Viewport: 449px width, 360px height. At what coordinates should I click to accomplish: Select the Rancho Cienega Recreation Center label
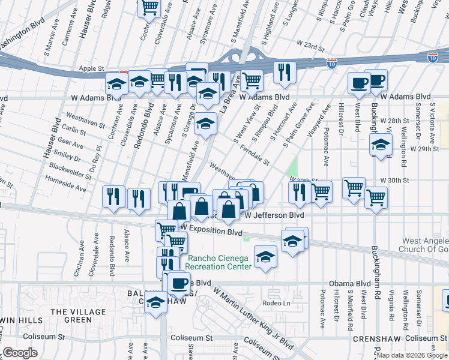[218, 263]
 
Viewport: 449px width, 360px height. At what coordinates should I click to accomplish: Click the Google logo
[20, 353]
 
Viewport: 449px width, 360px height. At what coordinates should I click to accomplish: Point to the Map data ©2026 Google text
[412, 355]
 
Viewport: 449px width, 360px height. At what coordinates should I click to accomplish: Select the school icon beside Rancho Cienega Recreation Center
[265, 257]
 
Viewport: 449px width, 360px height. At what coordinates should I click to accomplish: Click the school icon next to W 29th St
[380, 144]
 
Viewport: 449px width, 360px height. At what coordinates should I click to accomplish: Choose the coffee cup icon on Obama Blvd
[178, 283]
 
